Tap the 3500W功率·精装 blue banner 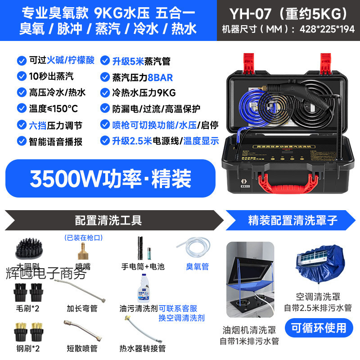pos(111,178)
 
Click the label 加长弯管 pos(82,308)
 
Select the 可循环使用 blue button pos(319,328)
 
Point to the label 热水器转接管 pos(143,348)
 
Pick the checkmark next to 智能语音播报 pos(21,141)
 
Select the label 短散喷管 pos(82,348)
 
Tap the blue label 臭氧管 pos(197,266)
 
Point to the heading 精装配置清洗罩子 pos(292,220)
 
